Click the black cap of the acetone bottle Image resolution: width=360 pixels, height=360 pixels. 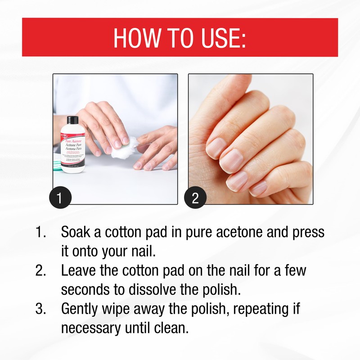click(x=72, y=121)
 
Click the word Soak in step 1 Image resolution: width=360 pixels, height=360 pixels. click(x=76, y=233)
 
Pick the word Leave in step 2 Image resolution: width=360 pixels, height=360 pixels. click(x=80, y=271)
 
